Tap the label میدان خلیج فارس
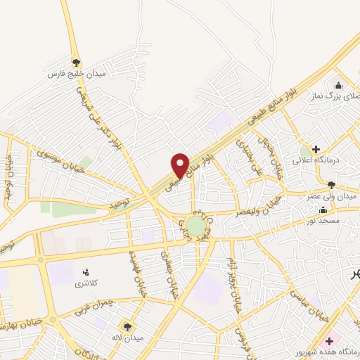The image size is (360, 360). (x=76, y=73)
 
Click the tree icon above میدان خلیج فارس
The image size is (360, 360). (x=77, y=63)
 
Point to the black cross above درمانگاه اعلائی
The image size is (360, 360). (x=316, y=149)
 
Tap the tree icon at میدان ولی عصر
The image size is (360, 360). (x=331, y=184)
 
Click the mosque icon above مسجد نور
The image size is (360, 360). (x=323, y=210)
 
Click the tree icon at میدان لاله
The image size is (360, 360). (x=127, y=326)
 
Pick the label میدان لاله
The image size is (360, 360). (x=129, y=337)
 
